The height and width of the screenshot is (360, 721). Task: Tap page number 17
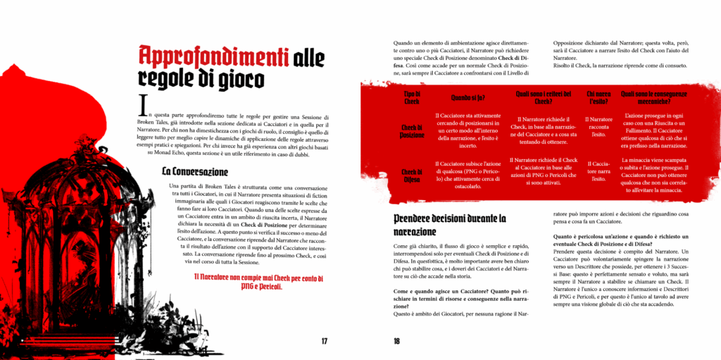325,342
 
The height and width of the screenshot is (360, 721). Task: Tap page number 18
396,342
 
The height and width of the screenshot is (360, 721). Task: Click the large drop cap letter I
144,104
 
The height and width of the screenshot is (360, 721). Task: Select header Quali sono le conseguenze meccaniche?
654,97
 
